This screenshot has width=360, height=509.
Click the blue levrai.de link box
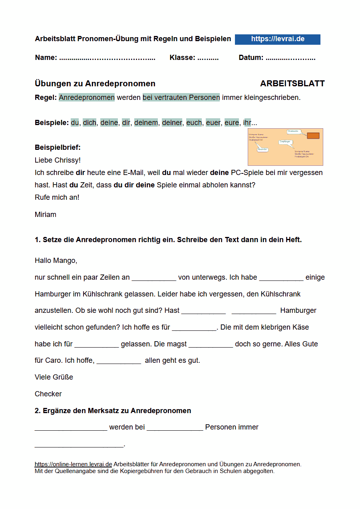pyautogui.click(x=277, y=39)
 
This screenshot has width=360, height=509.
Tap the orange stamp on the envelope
pyautogui.click(x=313, y=136)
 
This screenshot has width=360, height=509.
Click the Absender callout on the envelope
pyautogui.click(x=262, y=149)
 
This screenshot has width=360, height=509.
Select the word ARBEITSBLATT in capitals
pyautogui.click(x=292, y=84)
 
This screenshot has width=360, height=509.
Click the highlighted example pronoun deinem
pyautogui.click(x=146, y=123)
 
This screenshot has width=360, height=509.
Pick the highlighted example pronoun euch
pyautogui.click(x=194, y=123)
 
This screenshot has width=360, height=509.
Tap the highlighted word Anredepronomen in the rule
pyautogui.click(x=87, y=97)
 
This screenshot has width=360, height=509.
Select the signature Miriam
pyautogui.click(x=46, y=215)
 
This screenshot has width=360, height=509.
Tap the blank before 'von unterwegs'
pyautogui.click(x=154, y=278)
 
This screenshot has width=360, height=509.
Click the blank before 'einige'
pyautogui.click(x=281, y=278)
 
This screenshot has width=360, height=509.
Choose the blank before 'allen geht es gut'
pyautogui.click(x=119, y=361)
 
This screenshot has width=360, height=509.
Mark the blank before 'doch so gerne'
pyautogui.click(x=211, y=344)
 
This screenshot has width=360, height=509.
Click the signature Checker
pyautogui.click(x=48, y=394)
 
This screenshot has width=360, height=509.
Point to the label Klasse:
pyautogui.click(x=182, y=58)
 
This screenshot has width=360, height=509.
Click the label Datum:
pyautogui.click(x=251, y=58)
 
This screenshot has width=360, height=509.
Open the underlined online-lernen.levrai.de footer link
pyautogui.click(x=73, y=464)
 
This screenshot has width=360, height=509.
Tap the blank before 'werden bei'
pyautogui.click(x=71, y=427)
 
